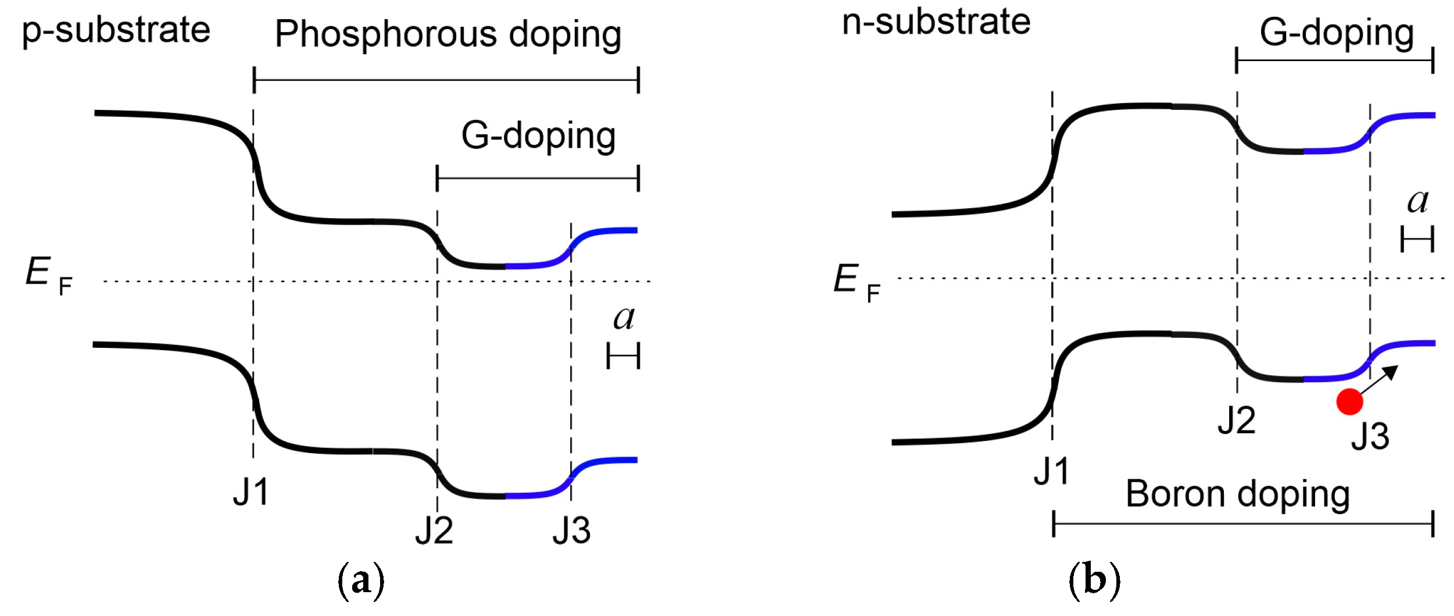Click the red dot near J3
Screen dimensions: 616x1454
pyautogui.click(x=1349, y=401)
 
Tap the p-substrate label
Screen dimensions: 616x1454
pyautogui.click(x=116, y=30)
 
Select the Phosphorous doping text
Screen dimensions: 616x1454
pyautogui.click(x=448, y=34)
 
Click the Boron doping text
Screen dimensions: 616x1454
pyautogui.click(x=1237, y=494)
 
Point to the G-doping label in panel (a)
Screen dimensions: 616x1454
pyautogui.click(x=538, y=136)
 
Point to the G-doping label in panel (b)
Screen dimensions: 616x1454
pyautogui.click(x=1337, y=33)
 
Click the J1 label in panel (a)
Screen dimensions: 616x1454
pyautogui.click(x=251, y=492)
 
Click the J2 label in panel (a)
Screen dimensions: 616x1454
pyautogui.click(x=434, y=530)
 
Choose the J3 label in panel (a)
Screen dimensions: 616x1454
pyautogui.click(x=571, y=530)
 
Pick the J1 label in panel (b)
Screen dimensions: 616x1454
pyautogui.click(x=1051, y=471)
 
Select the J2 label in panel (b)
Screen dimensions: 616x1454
pyautogui.click(x=1237, y=421)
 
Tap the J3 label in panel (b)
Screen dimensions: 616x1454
pyautogui.click(x=1370, y=436)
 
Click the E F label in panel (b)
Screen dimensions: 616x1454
pyautogui.click(x=857, y=282)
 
